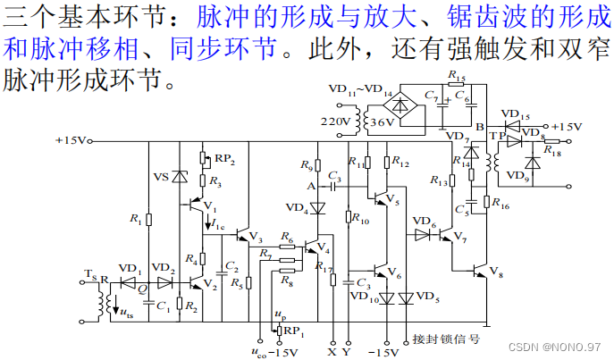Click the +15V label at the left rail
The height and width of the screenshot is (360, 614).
71,140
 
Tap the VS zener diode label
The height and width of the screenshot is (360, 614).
162,176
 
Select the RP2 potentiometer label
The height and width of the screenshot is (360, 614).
223,160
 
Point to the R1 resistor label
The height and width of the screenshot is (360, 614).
135,218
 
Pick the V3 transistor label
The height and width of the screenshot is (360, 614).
255,239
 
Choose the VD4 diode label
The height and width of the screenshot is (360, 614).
297,208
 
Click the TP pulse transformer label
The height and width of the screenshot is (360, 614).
494,136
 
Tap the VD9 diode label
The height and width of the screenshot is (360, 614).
518,176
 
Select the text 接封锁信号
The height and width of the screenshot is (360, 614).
446,339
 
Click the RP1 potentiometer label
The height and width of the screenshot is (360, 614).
294,332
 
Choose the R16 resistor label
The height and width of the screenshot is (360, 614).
500,205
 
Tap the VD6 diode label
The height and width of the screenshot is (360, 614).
423,222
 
